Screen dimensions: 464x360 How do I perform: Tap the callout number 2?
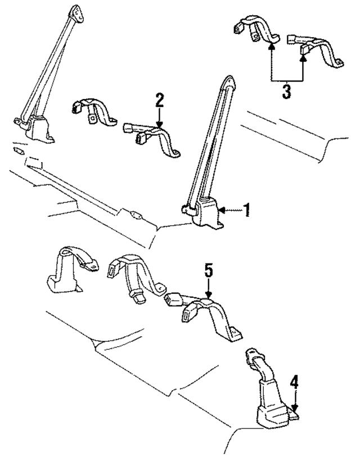click(160, 100)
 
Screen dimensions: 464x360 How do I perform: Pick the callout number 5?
click(208, 271)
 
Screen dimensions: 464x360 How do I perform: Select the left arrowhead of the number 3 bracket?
click(271, 48)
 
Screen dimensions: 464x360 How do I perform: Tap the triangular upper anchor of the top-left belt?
click(74, 12)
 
